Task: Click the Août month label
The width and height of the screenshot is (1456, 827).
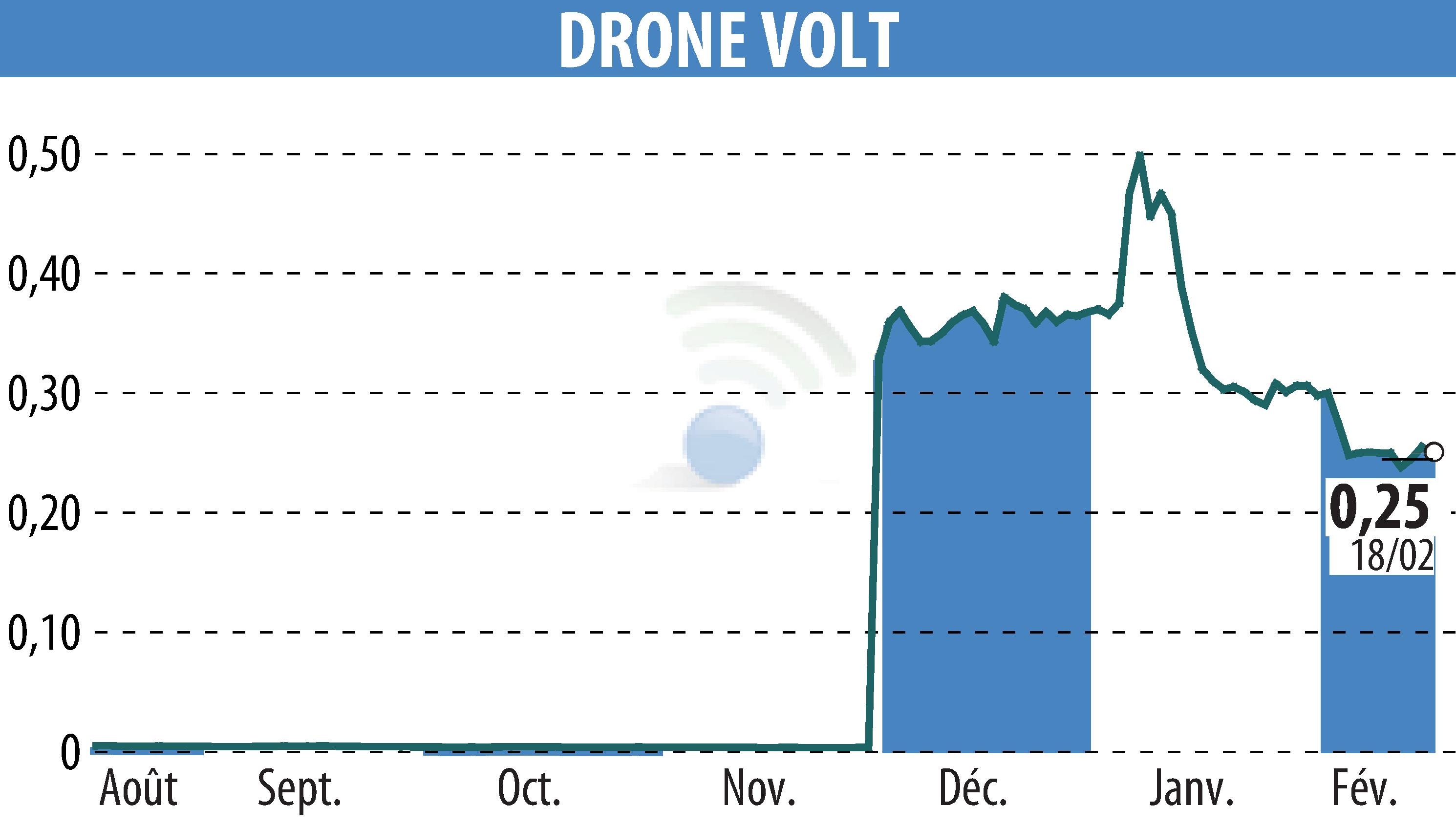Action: click(x=138, y=789)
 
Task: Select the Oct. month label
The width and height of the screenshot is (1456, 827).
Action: click(x=529, y=789)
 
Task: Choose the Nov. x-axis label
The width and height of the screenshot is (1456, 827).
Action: click(x=758, y=789)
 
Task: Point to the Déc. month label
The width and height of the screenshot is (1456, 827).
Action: click(x=973, y=789)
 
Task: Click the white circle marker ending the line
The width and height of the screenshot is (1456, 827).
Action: click(x=1434, y=452)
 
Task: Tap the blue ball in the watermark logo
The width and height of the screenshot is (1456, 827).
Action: click(x=724, y=445)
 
